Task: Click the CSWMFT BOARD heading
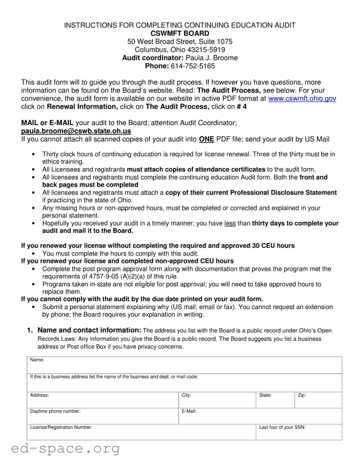pos(180,33)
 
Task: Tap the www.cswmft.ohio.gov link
pos(302,99)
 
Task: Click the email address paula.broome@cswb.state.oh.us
pos(76,131)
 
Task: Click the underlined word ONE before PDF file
pos(206,139)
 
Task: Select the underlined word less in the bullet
pos(230,223)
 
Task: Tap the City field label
pos(186,395)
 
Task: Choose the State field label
pos(265,395)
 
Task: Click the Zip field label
pos(301,395)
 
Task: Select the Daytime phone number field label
pos(55,411)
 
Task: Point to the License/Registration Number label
pos(61,427)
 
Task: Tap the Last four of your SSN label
pos(282,427)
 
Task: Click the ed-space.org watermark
pos(65,449)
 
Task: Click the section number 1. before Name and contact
pos(30,330)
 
